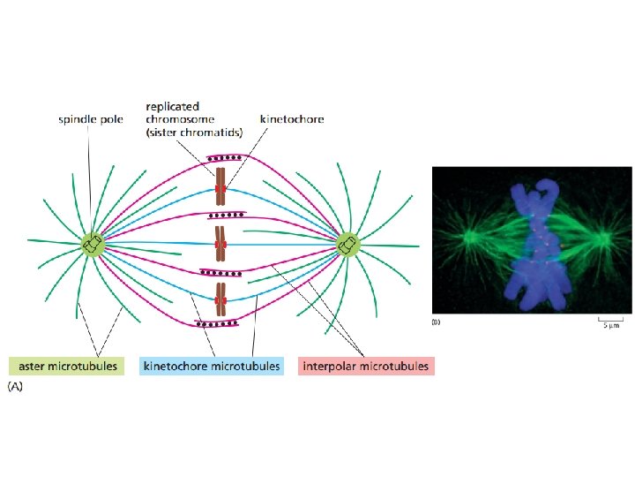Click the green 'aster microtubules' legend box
click(x=64, y=365)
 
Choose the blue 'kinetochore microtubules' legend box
click(x=212, y=365)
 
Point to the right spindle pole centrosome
click(x=347, y=245)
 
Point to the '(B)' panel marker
click(x=435, y=322)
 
